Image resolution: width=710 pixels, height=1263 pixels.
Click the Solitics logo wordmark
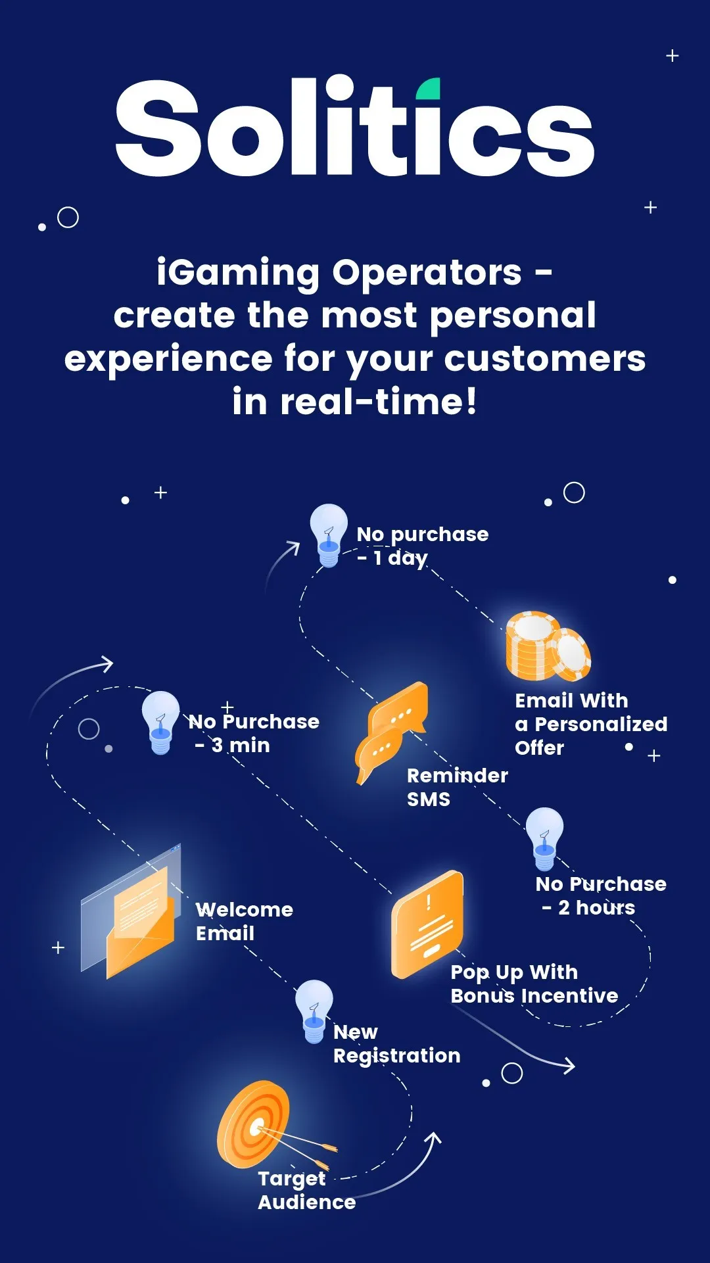[x=355, y=126]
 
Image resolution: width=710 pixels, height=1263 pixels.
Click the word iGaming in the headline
[x=239, y=274]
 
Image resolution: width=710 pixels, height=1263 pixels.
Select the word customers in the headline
[x=545, y=359]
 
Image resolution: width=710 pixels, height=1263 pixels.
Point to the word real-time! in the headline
[x=379, y=401]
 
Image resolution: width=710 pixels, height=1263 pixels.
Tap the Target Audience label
[x=306, y=1190]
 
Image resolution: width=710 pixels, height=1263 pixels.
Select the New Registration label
[x=396, y=1044]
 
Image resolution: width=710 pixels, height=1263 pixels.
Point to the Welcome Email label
[x=244, y=921]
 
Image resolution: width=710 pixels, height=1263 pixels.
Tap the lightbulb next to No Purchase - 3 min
[x=160, y=723]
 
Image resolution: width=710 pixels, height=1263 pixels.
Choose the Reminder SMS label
[x=457, y=787]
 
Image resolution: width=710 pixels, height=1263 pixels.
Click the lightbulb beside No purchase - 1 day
[x=329, y=535]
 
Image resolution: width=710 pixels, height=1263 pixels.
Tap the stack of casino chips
[x=548, y=646]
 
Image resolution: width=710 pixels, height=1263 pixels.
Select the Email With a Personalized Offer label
[x=591, y=724]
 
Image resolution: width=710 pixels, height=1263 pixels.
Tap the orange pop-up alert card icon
[x=427, y=924]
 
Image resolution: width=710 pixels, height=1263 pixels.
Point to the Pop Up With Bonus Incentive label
[x=534, y=984]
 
